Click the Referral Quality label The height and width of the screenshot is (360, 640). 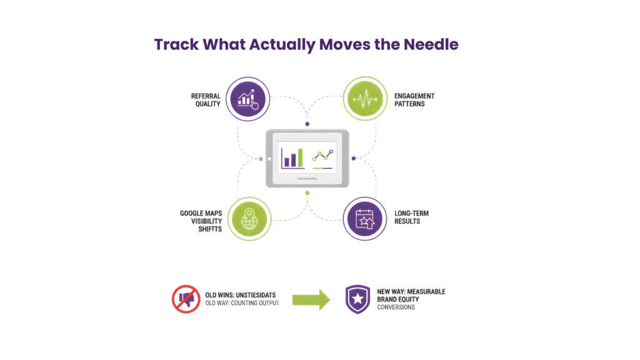(206, 100)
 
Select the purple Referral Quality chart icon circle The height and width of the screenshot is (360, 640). (248, 98)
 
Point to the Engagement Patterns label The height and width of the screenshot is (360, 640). (414, 100)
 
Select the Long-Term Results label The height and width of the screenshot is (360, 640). (411, 217)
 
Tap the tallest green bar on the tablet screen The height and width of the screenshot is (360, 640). (301, 158)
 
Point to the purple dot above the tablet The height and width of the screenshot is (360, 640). (307, 124)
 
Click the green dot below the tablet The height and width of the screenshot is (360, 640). (307, 192)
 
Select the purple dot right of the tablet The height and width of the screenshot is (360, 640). (353, 158)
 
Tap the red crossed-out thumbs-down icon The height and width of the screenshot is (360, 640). (185, 298)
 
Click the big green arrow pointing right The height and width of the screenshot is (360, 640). (311, 299)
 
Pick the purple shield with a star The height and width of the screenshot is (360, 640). (357, 299)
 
